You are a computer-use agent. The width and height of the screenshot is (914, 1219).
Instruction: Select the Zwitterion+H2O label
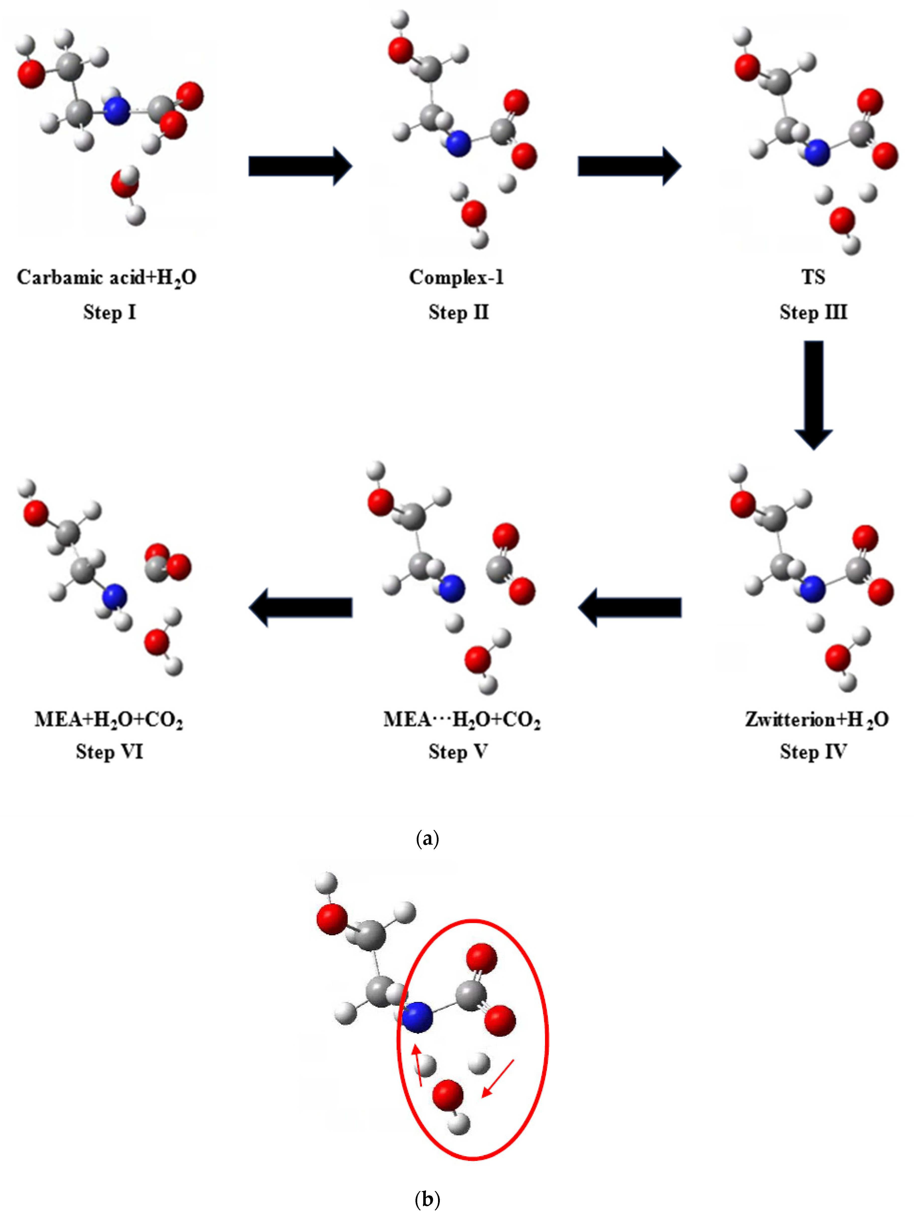click(x=816, y=719)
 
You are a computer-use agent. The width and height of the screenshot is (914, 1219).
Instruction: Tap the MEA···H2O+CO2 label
click(x=462, y=719)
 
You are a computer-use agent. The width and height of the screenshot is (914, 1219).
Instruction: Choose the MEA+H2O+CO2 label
click(x=109, y=719)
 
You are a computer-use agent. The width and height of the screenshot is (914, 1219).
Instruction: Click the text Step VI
click(x=109, y=752)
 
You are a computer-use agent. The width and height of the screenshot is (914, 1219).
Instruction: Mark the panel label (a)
click(x=428, y=839)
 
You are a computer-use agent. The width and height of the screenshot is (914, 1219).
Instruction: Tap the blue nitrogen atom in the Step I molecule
click(x=117, y=111)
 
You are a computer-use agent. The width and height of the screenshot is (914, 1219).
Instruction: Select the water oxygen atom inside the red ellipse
click(x=447, y=1095)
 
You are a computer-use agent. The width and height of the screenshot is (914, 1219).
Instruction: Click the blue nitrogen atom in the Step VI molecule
click(x=114, y=596)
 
